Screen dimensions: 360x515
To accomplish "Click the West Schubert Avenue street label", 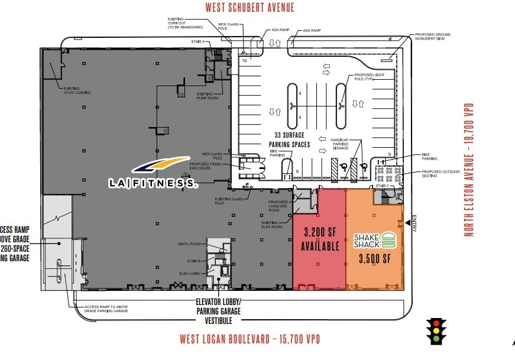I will click(250, 8).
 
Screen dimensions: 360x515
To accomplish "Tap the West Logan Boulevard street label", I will click(250, 339).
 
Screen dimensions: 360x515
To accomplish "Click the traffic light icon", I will click(436, 332).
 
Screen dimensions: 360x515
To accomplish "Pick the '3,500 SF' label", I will click(375, 258).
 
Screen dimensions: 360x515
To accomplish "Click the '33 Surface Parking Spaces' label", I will click(290, 140).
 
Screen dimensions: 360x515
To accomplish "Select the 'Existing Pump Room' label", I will click(205, 96).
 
